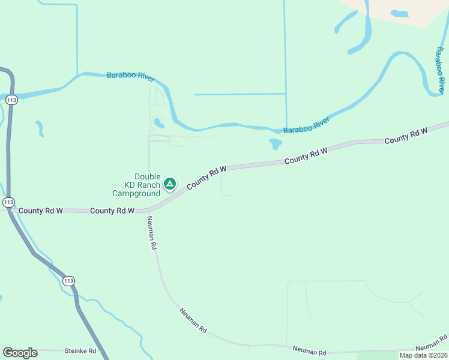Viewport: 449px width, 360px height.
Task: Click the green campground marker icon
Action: pyautogui.click(x=170, y=184)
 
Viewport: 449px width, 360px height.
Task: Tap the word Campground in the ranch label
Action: pyautogui.click(x=136, y=194)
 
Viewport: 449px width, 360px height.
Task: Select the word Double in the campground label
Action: pyautogui.click(x=147, y=176)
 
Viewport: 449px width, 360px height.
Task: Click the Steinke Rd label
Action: pyautogui.click(x=80, y=350)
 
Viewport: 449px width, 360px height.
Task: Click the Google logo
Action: pyautogui.click(x=20, y=353)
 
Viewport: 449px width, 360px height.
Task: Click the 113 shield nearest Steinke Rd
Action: pyautogui.click(x=68, y=281)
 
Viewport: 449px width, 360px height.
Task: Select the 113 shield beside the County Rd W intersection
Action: pyautogui.click(x=8, y=202)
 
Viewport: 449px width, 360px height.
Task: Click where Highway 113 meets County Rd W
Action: pyautogui.click(x=10, y=210)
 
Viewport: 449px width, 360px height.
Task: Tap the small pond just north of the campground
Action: pyautogui.click(x=159, y=123)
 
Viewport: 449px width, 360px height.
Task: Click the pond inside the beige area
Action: pyautogui.click(x=399, y=13)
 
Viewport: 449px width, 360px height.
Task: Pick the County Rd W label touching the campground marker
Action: pyautogui.click(x=206, y=178)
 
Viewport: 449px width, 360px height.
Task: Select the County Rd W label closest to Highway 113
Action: pyautogui.click(x=41, y=211)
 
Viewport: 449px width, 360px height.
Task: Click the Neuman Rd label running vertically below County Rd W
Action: pyautogui.click(x=151, y=232)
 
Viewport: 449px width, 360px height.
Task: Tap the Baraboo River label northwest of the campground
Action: pyautogui.click(x=130, y=76)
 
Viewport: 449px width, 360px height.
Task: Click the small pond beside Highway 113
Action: pyautogui.click(x=40, y=127)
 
